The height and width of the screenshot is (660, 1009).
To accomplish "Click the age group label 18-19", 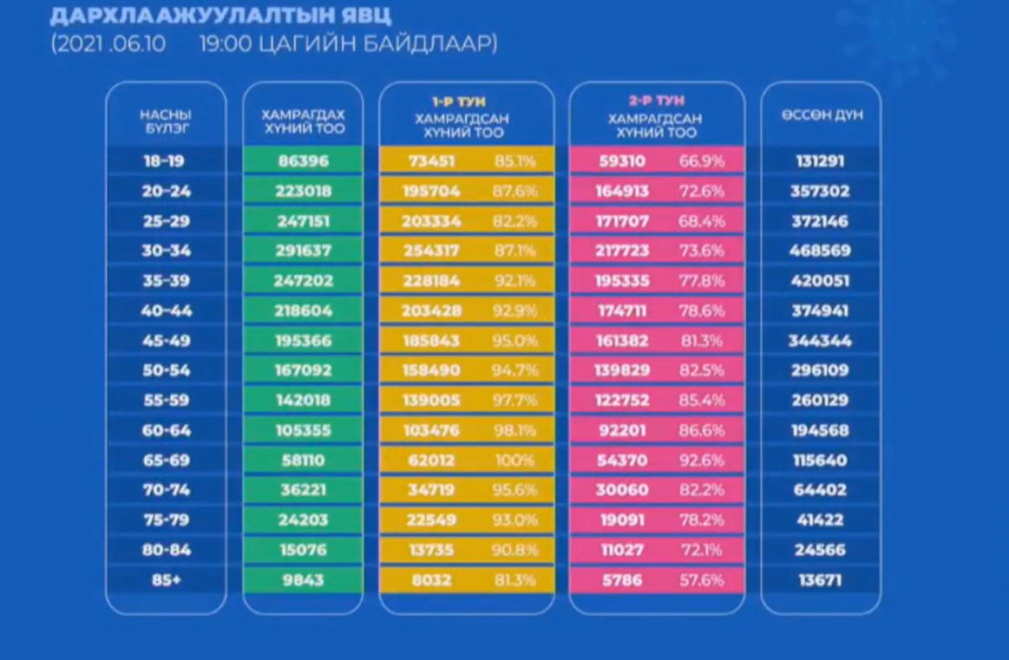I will click(165, 161).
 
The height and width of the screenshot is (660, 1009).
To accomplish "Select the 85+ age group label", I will click(165, 580).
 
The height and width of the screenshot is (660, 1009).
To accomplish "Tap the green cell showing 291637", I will click(304, 251).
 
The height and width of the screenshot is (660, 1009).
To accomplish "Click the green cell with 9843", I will click(304, 580).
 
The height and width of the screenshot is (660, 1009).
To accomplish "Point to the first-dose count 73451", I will click(431, 161).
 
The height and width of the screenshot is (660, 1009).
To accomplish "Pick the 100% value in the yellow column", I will click(514, 461).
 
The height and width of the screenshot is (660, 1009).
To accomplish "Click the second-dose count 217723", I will click(622, 251).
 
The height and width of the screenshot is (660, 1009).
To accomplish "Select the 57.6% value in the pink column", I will click(701, 580).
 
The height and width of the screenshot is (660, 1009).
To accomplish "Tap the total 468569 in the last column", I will click(820, 251).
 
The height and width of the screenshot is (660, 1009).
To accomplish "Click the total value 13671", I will click(820, 580).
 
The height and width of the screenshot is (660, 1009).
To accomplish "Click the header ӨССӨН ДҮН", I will click(822, 114).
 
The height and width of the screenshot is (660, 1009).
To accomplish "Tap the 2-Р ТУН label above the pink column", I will click(656, 101).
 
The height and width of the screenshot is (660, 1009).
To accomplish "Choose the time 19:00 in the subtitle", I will click(223, 44).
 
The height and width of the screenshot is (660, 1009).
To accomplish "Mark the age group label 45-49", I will click(165, 341).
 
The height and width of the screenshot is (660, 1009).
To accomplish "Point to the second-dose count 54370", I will click(622, 461).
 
